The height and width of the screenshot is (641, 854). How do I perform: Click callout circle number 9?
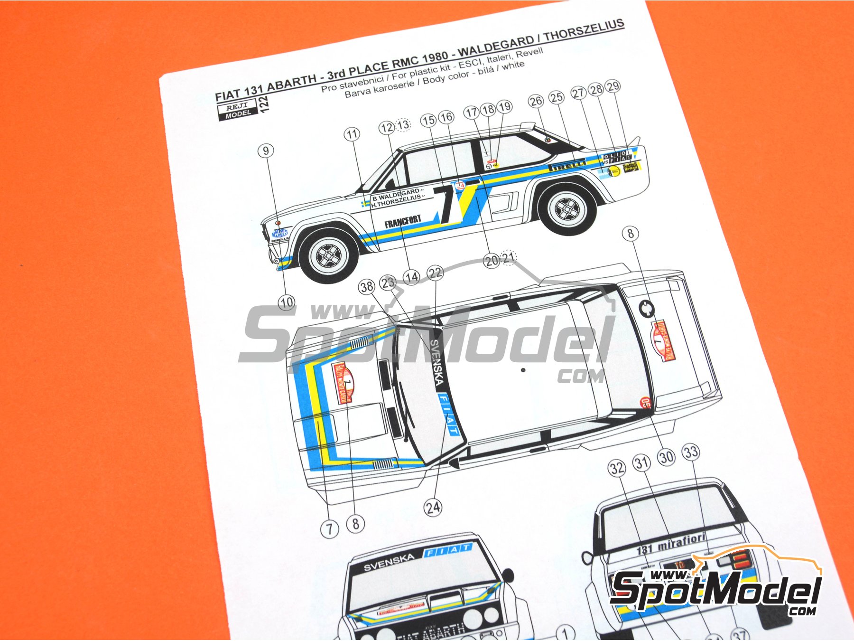tap(266, 151)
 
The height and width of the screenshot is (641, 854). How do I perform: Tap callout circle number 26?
tap(536, 101)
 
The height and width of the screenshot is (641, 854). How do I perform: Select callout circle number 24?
tap(433, 508)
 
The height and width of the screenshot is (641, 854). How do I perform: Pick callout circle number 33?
tap(691, 452)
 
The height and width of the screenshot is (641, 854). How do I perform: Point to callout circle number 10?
tap(287, 302)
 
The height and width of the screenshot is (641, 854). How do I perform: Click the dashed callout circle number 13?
tap(403, 125)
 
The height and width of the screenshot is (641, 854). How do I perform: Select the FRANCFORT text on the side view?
tap(402, 221)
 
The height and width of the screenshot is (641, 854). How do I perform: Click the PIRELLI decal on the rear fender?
tap(567, 165)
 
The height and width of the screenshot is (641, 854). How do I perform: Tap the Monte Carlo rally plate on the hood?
tap(344, 383)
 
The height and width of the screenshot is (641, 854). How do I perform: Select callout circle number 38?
tap(366, 286)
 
